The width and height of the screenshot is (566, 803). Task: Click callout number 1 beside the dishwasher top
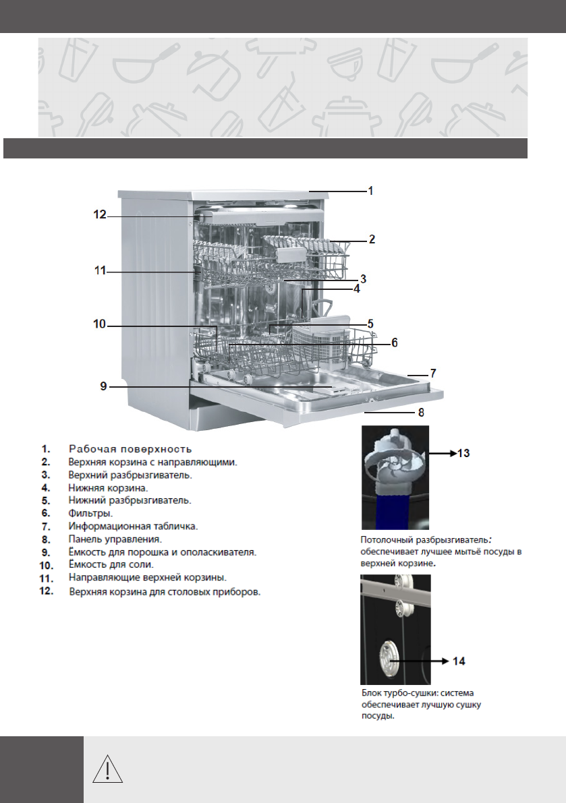[371, 191]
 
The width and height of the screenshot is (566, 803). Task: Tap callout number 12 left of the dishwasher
[100, 214]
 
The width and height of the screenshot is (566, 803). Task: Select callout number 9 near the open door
[103, 386]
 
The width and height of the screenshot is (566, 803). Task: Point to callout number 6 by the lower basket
[395, 343]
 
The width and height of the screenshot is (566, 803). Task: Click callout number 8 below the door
[421, 412]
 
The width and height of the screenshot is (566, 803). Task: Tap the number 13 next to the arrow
[463, 453]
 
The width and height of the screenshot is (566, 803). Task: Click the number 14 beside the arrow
[459, 661]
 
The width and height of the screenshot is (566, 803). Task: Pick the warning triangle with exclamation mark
[107, 769]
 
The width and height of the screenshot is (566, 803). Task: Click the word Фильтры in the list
[90, 513]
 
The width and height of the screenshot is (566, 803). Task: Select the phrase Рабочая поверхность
[130, 449]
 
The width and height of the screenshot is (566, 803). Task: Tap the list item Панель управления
[115, 539]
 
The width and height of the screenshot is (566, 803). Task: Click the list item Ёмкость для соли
[111, 565]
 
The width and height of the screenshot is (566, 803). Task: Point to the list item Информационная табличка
[133, 527]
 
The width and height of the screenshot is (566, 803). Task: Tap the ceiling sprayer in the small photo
[395, 460]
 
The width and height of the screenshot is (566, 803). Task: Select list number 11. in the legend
[47, 578]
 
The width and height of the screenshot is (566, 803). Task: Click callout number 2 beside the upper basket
[372, 239]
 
